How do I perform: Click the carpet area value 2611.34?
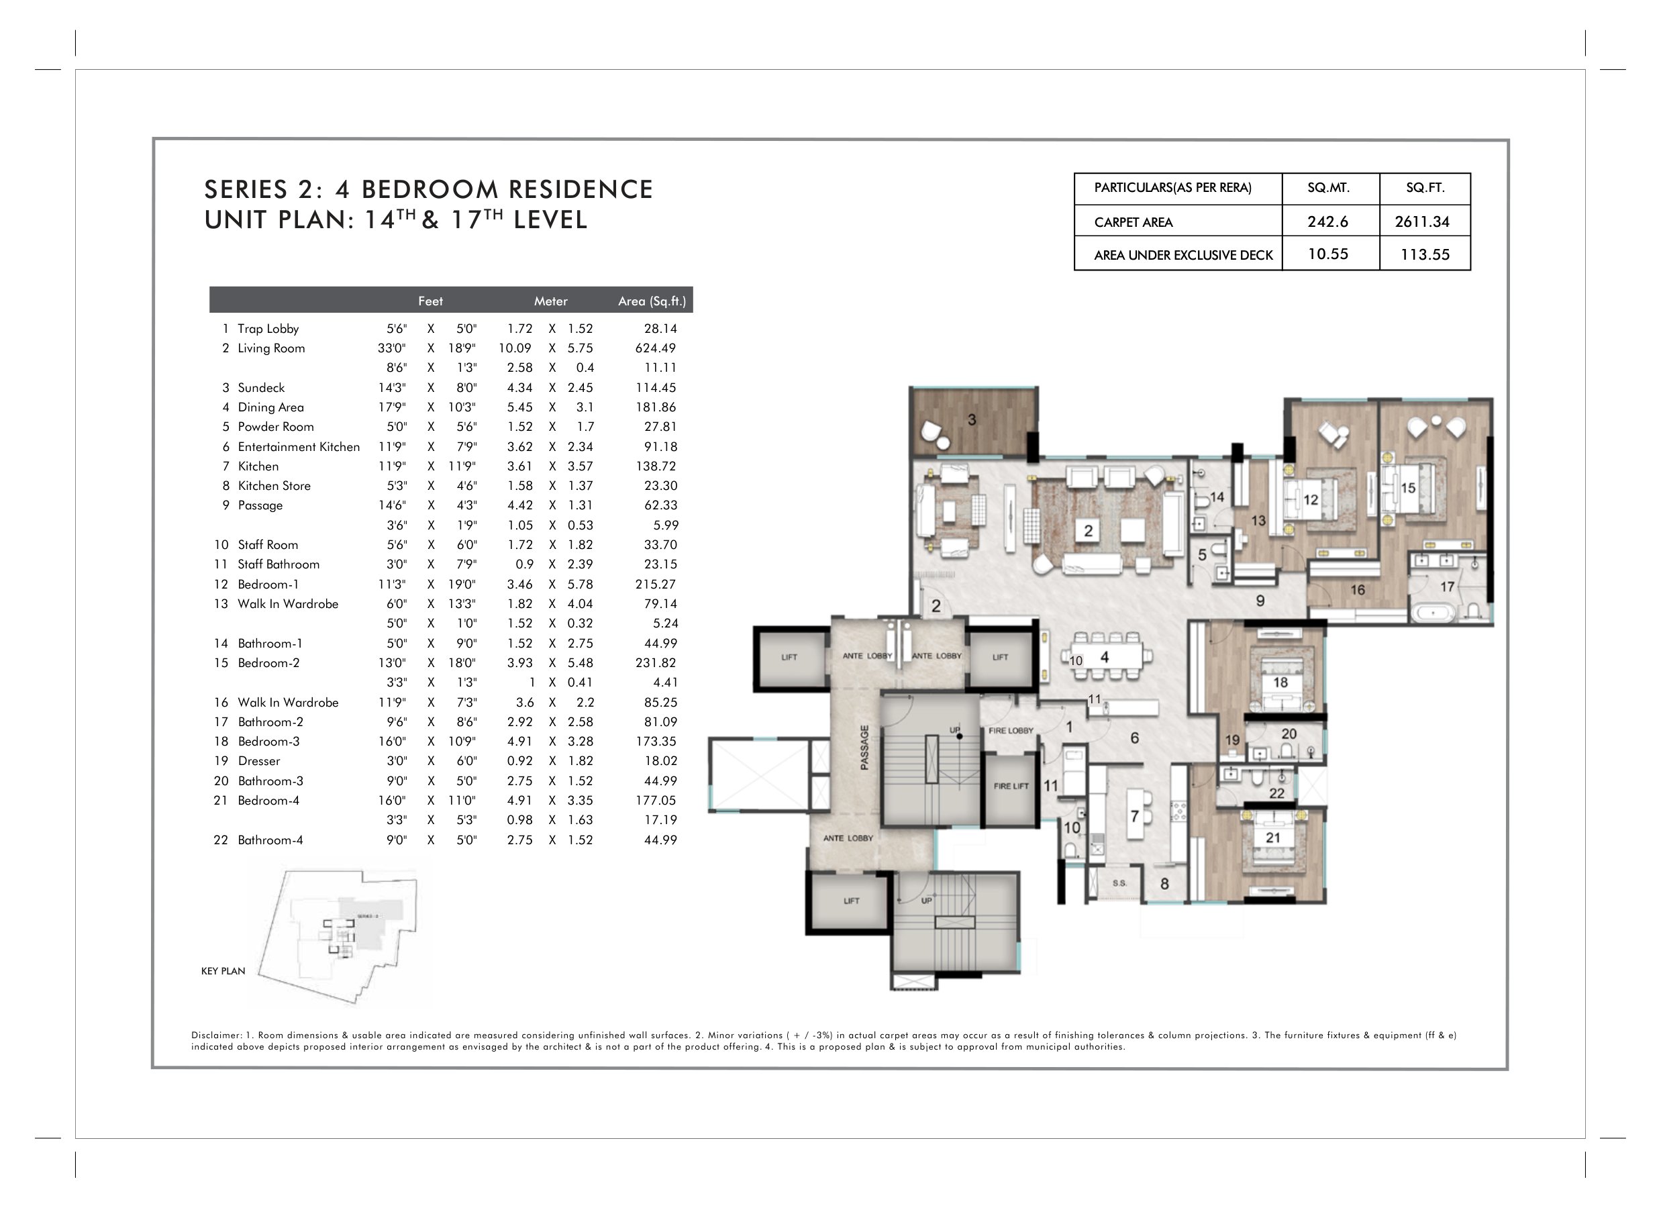1421,221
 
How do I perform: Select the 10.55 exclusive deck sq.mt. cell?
1327,254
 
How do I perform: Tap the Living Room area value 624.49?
656,348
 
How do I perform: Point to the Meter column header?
551,301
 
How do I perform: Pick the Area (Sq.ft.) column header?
652,301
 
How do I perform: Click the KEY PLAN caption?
223,970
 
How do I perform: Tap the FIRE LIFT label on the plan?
1011,786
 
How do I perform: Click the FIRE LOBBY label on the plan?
1011,730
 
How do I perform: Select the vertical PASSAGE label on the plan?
864,747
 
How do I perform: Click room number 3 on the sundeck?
972,419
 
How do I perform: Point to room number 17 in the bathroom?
1447,586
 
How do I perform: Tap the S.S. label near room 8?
1120,883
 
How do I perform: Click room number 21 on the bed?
1273,838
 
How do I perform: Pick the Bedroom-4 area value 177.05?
656,801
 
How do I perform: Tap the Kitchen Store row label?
274,486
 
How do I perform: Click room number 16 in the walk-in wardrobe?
1357,590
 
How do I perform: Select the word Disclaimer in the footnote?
216,1035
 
